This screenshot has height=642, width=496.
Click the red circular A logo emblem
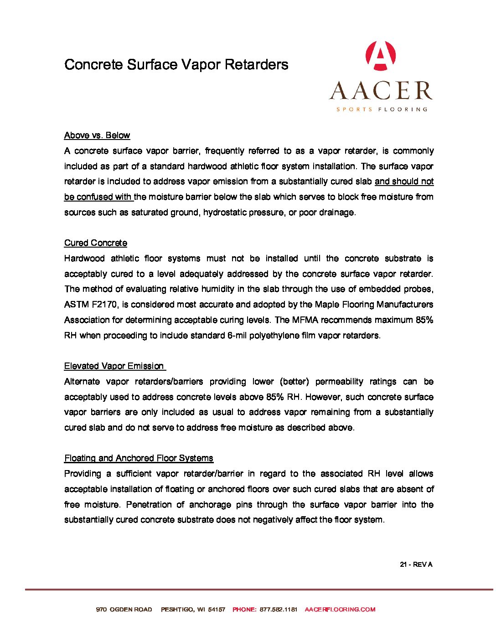coord(381,56)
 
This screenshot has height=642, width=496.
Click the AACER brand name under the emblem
coord(381,90)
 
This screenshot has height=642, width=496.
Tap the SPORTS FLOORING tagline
coord(382,109)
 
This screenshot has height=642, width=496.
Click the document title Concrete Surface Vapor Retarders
coord(176,64)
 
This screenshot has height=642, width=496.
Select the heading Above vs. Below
coord(97,135)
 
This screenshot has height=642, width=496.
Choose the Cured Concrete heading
coord(96,243)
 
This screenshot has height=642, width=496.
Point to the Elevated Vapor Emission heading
coord(114,366)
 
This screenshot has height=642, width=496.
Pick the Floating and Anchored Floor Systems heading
coord(139,458)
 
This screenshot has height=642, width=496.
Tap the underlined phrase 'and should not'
coord(404,181)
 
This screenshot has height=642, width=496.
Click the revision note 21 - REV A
coord(416,564)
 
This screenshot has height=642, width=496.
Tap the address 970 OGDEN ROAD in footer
coord(124,610)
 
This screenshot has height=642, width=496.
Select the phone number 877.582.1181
coord(278,610)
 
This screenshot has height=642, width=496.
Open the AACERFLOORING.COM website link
coord(340,610)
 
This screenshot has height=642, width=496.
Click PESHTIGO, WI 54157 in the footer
coord(193,610)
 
